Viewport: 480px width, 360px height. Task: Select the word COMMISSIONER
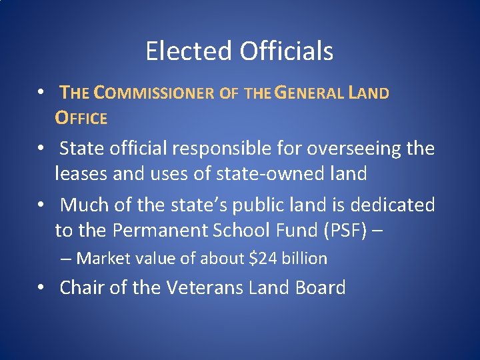(x=154, y=93)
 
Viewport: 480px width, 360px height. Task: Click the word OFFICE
(x=81, y=119)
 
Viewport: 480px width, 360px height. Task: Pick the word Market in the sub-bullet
(x=99, y=259)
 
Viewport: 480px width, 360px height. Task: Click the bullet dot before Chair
(x=41, y=288)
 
